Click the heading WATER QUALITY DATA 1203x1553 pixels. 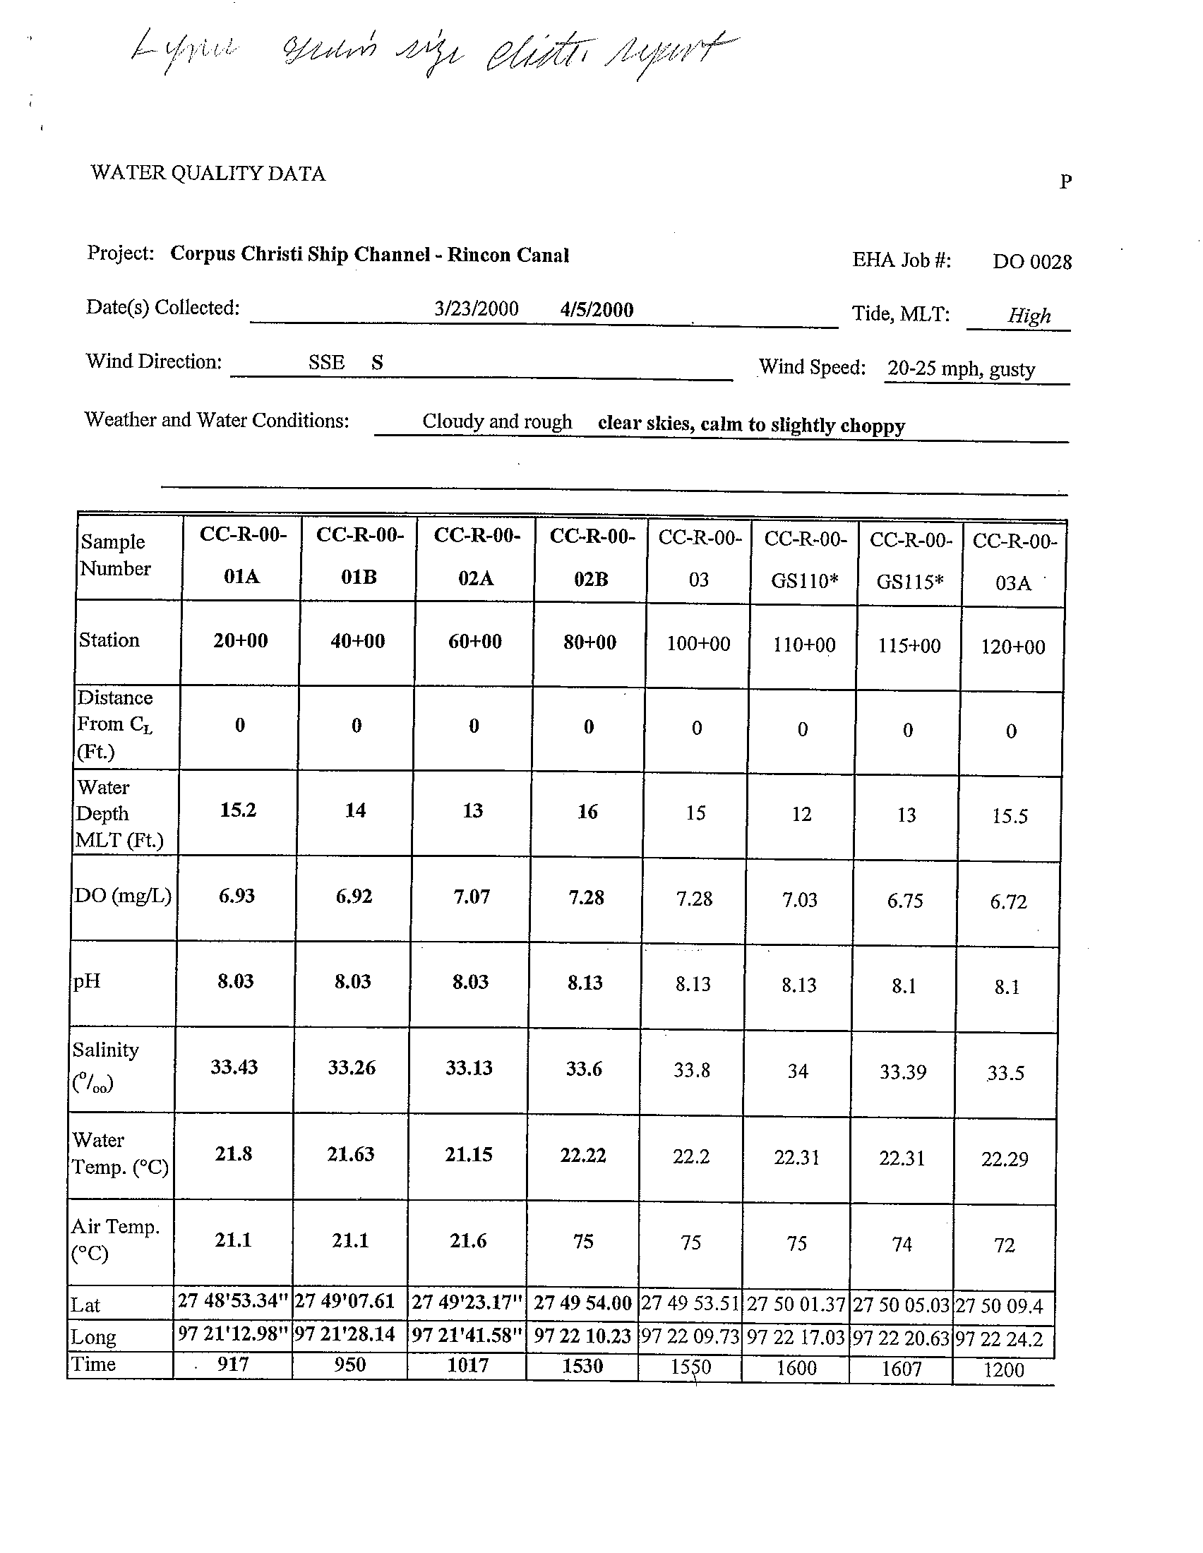tap(208, 174)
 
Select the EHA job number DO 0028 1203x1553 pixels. tap(1031, 262)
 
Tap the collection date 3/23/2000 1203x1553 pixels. tap(477, 308)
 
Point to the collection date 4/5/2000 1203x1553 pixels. tap(597, 309)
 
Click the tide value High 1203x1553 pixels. tap(1029, 315)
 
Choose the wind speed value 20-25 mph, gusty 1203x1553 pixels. tap(962, 368)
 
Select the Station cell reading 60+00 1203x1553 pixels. tap(475, 642)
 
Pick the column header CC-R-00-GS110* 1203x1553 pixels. tap(805, 560)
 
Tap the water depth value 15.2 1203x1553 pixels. tap(238, 810)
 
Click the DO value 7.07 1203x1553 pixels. tap(472, 896)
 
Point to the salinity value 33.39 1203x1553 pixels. tap(903, 1072)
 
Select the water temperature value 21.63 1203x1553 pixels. tap(350, 1154)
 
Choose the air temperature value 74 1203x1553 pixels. tap(902, 1244)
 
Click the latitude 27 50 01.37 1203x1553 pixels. tap(796, 1305)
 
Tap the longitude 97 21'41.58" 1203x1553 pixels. tap(468, 1336)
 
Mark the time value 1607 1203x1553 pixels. tap(902, 1368)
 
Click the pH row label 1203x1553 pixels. tap(87, 982)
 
